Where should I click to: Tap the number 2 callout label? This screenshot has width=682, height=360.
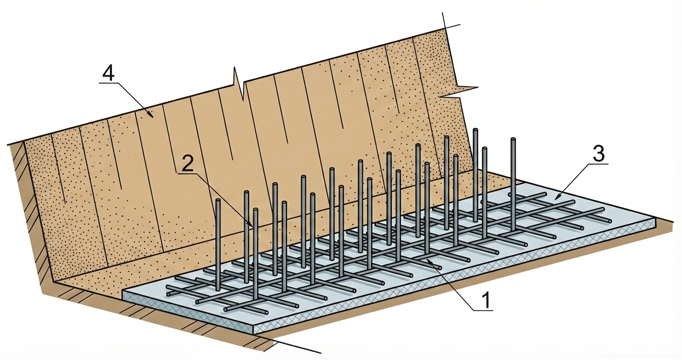pyautogui.click(x=188, y=164)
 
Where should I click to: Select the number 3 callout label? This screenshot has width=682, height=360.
pyautogui.click(x=599, y=154)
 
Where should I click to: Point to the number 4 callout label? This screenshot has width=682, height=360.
pyautogui.click(x=108, y=74)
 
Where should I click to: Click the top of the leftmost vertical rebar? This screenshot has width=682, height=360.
pyautogui.click(x=217, y=201)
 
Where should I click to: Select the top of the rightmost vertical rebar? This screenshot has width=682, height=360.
pyautogui.click(x=513, y=139)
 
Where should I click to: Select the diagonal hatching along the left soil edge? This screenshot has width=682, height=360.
pyautogui.click(x=29, y=215)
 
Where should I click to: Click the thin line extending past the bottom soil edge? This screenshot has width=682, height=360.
pyautogui.click(x=297, y=348)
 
